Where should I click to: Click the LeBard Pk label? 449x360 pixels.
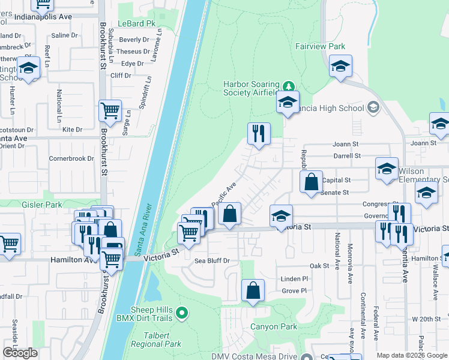(x=133, y=23)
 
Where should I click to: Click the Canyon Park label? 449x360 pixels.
(x=274, y=327)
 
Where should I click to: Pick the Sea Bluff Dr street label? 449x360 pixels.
(x=212, y=261)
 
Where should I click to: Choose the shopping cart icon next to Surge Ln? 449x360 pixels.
(x=110, y=110)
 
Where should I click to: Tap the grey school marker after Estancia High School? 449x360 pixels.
(x=373, y=108)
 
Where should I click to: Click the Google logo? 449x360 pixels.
(x=20, y=353)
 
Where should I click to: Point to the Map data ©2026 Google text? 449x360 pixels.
(x=411, y=355)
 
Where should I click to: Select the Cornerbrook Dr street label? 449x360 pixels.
(x=71, y=159)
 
